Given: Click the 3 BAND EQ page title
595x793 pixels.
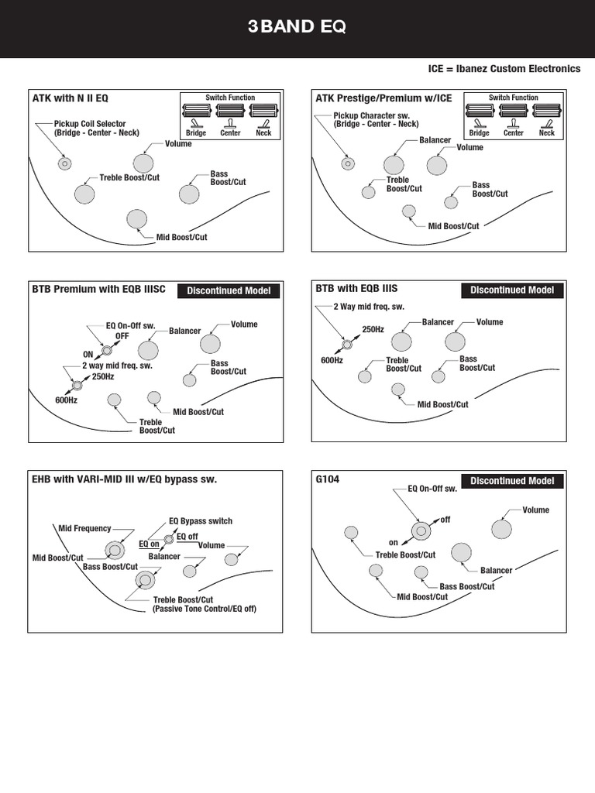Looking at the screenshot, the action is tap(297, 26).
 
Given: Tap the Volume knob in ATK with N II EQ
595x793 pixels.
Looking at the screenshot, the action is tap(143, 163).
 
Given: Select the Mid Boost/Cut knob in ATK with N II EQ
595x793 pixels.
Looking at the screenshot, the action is tap(136, 219).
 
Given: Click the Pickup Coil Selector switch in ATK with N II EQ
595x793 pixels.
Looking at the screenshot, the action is tap(65, 163).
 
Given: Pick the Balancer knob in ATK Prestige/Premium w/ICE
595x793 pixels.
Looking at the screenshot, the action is tap(394, 165).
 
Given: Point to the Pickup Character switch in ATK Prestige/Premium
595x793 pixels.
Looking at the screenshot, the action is tap(348, 163).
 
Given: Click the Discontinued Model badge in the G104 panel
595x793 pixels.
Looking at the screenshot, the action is tap(512, 481).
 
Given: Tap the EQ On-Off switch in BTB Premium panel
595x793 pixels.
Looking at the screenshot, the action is tap(107, 350).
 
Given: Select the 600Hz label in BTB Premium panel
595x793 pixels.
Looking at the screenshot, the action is tap(67, 400).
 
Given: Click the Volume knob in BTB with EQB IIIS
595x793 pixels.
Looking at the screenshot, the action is tap(455, 342).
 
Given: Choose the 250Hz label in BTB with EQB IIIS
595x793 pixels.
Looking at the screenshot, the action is tap(373, 329).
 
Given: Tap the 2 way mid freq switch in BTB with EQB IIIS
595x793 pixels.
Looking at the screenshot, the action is tap(347, 345).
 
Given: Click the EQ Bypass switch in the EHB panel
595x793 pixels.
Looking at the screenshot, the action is tap(169, 540).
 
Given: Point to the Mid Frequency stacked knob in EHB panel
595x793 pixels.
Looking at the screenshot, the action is tap(115, 551).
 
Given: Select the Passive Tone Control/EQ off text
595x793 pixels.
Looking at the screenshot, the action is tap(205, 609).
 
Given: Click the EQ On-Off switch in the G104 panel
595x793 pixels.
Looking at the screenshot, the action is tap(421, 530).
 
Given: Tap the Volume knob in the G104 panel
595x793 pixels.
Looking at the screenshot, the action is tap(501, 529).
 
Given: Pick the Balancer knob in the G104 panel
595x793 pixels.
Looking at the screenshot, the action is tap(461, 553).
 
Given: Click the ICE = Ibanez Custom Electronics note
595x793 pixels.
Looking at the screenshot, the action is tap(504, 69).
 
